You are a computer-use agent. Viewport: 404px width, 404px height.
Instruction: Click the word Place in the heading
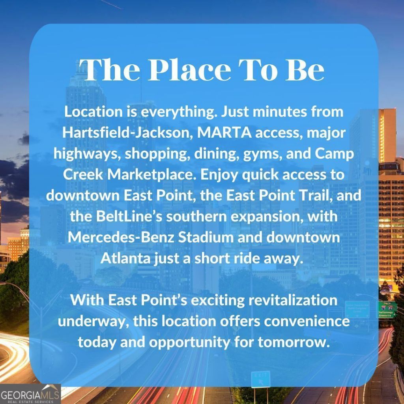coord(189,70)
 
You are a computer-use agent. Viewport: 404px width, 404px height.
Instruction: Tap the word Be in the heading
coord(304,70)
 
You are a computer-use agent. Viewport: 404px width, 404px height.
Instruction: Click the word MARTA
coord(224,133)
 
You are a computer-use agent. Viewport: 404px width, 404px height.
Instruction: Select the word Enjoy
coord(220,175)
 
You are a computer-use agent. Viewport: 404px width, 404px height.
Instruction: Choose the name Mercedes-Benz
coord(121,237)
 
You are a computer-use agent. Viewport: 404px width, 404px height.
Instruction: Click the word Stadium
coord(206,237)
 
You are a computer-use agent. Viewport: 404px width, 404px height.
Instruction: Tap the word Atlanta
coord(125,258)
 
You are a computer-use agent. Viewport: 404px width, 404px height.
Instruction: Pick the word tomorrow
coord(294,342)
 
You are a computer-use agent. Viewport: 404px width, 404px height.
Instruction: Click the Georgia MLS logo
coord(30,394)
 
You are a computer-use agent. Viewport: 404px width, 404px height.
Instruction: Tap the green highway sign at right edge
coord(387,310)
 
